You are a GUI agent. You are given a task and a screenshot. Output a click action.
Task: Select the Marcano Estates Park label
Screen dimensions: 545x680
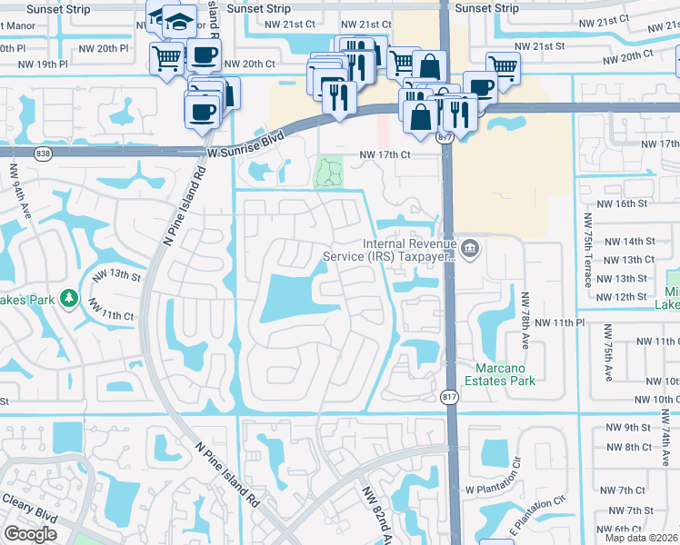[x=505, y=374]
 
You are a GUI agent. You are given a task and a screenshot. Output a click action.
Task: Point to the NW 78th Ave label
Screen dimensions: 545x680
[x=525, y=313]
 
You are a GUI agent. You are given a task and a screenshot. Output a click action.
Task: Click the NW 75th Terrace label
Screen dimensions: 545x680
[x=588, y=250]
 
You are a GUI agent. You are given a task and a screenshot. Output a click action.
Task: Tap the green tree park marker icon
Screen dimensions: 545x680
[x=68, y=299]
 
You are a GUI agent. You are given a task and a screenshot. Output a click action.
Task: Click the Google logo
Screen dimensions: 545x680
[x=30, y=534]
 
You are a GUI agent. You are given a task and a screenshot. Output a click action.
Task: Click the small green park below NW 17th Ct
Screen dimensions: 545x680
[x=329, y=172]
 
